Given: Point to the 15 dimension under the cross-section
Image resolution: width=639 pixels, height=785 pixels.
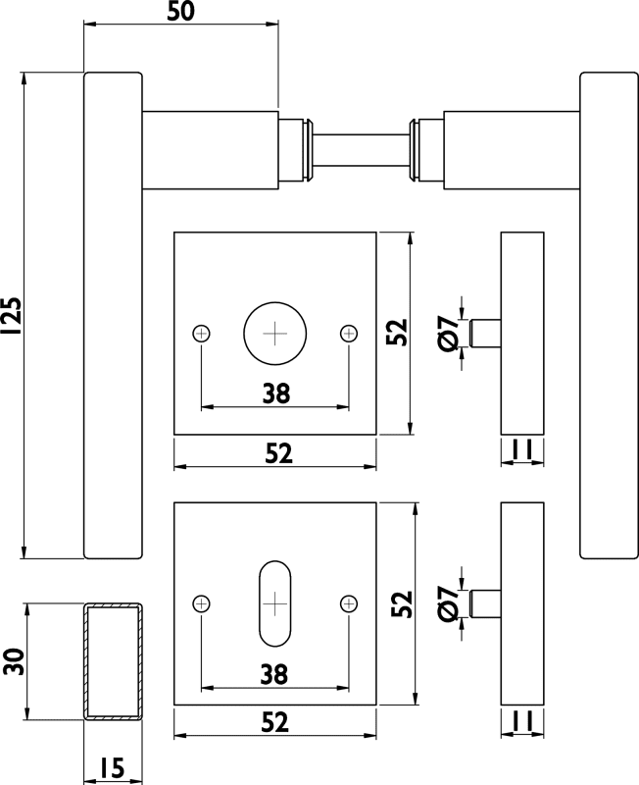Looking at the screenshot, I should pos(112,767).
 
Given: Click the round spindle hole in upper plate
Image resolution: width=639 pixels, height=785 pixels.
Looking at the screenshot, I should pos(275,333).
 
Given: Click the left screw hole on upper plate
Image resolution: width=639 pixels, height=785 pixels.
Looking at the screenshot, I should pos(201,333).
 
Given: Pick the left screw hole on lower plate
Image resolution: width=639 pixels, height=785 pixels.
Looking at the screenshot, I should pos(201,602).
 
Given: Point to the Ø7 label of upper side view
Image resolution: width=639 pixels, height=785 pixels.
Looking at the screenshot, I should pos(448,333).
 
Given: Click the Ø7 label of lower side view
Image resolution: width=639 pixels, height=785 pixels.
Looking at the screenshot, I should pos(448,602).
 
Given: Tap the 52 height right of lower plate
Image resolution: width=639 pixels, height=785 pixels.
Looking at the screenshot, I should pos(399,602).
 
